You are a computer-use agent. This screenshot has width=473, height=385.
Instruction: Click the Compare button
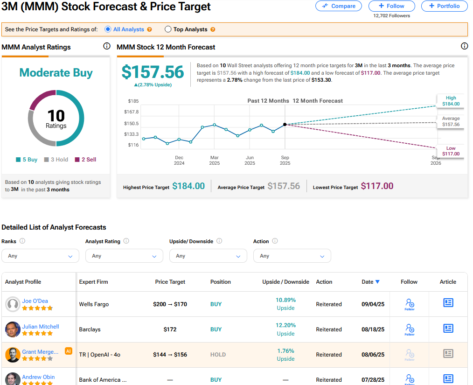[339, 6]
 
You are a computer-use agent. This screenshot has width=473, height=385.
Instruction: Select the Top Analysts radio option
[168, 29]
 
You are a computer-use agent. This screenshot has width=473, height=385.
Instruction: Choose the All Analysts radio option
[108, 29]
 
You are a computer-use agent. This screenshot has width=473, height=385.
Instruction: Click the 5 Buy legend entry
[27, 160]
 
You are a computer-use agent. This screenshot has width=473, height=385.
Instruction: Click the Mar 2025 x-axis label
[214, 161]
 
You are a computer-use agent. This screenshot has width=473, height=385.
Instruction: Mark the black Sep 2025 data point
[285, 125]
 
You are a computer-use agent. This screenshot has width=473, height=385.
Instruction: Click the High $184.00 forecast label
[451, 101]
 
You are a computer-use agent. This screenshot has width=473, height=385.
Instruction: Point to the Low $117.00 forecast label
[451, 151]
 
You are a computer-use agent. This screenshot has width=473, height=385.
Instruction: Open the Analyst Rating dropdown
[124, 256]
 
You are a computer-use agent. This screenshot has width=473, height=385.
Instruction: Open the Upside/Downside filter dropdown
[208, 256]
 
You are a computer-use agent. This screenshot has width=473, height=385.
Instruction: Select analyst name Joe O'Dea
[35, 301]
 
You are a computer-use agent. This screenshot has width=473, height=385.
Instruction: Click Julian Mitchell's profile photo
[13, 329]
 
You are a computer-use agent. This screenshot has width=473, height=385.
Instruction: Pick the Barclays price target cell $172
[170, 329]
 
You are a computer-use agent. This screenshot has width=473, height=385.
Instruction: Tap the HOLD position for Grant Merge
[218, 355]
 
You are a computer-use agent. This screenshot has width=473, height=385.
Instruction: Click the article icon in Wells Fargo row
[448, 303]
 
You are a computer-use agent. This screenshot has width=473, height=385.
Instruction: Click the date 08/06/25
[373, 355]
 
